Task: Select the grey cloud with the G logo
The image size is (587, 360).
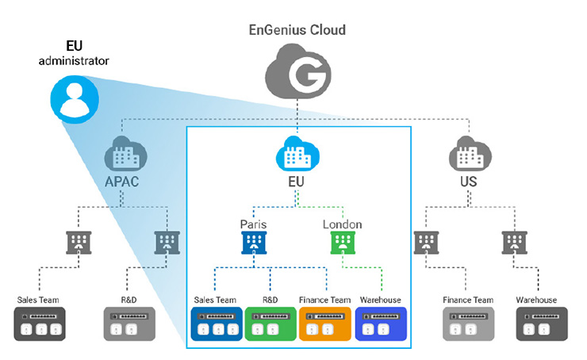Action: point(299,75)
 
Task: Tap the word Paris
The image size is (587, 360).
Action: point(253,224)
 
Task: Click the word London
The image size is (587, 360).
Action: point(342,224)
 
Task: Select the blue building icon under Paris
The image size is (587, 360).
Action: point(253,243)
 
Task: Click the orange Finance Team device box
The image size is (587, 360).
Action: point(325,326)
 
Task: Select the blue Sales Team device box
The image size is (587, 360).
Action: point(216,326)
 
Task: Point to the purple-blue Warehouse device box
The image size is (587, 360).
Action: point(380,326)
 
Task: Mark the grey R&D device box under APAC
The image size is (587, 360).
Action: point(129,326)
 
